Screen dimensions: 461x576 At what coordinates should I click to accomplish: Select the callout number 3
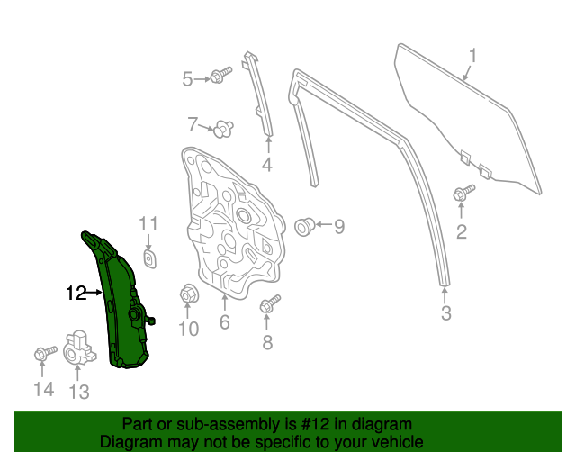click(x=445, y=313)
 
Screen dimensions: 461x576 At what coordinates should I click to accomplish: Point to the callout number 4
click(x=266, y=164)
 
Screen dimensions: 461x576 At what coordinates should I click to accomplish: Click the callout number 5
click(x=187, y=79)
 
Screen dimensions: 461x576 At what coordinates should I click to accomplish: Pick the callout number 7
click(x=193, y=124)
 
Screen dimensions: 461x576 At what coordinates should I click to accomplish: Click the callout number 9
click(x=338, y=227)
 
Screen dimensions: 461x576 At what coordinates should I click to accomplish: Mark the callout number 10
click(x=187, y=329)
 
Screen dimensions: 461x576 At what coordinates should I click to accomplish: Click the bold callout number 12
click(x=76, y=293)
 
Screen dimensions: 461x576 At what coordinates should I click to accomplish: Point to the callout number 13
click(x=79, y=391)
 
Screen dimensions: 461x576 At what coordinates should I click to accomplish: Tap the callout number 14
click(x=43, y=389)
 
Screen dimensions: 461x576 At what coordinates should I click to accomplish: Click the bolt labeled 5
click(x=217, y=77)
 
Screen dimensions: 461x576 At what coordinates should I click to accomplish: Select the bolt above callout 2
click(x=463, y=192)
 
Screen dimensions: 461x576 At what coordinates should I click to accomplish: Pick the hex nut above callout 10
click(x=189, y=294)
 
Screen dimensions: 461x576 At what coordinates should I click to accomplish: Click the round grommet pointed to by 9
click(x=303, y=225)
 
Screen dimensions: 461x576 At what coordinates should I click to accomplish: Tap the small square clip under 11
click(x=150, y=259)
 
